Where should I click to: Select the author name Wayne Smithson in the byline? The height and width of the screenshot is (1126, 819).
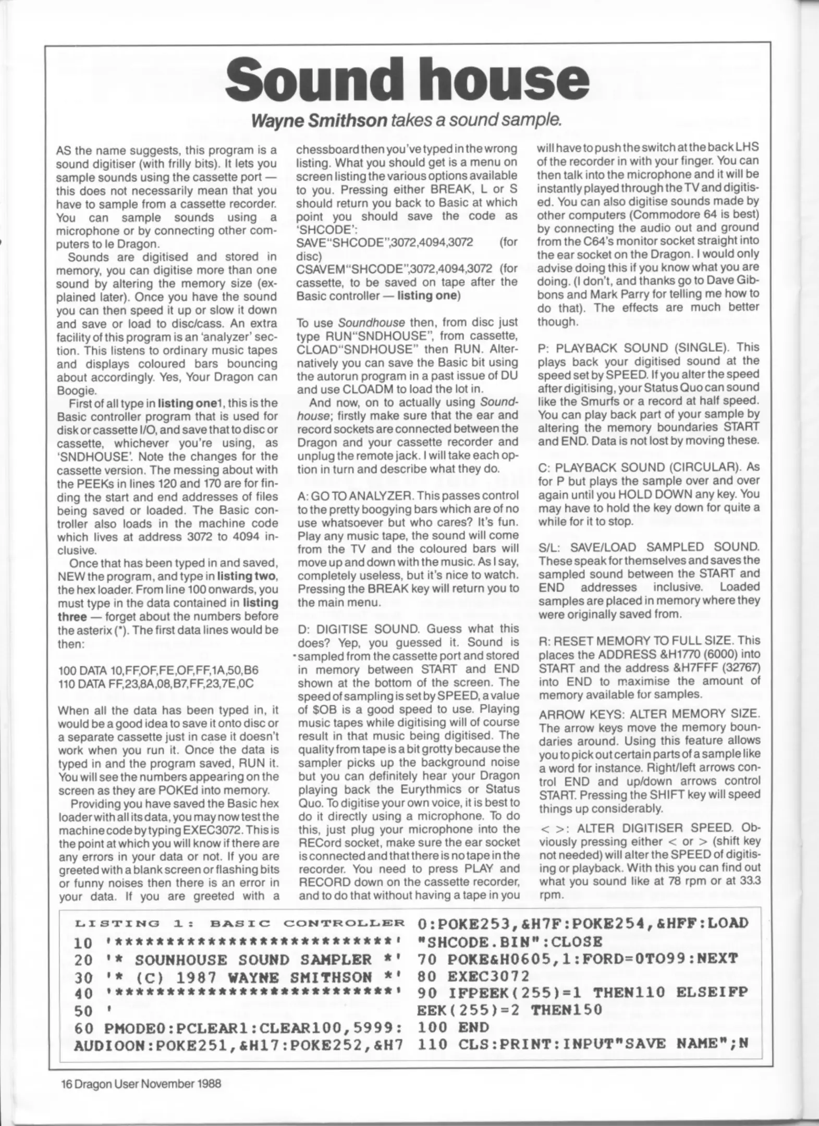pos(319,120)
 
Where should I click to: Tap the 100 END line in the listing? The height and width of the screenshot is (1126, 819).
pos(453,1027)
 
